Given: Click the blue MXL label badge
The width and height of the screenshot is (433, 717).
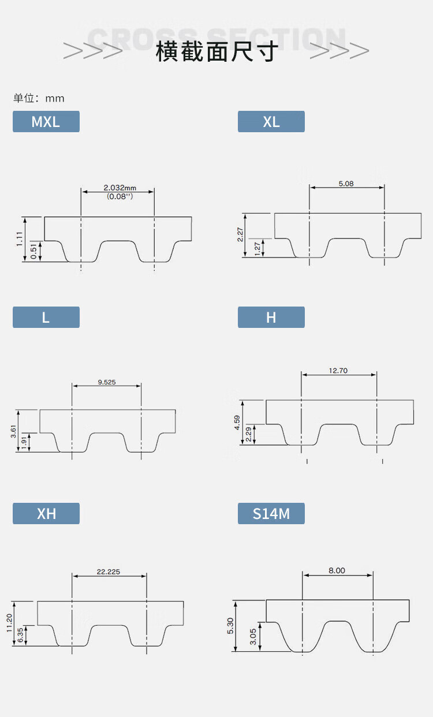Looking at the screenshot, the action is (x=46, y=121).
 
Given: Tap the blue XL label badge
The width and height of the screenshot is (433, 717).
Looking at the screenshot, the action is (x=271, y=121).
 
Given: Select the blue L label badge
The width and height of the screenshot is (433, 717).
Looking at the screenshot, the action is (x=46, y=317).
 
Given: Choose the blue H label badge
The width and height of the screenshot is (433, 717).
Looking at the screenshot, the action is (x=271, y=317).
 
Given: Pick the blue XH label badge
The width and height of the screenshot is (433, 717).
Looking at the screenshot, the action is (x=46, y=513).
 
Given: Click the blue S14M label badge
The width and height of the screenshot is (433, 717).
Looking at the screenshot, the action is (x=271, y=513).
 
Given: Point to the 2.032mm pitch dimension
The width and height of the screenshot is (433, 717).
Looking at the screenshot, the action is (x=120, y=188).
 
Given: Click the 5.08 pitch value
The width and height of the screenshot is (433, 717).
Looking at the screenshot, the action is (x=346, y=184).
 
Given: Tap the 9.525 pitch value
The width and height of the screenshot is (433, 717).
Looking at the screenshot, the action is (x=107, y=382).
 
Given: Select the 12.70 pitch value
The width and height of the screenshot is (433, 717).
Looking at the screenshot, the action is (x=338, y=371).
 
